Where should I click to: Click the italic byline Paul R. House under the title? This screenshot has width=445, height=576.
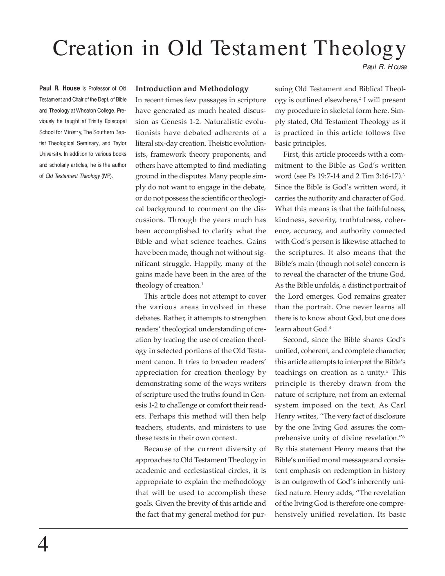tap(384, 67)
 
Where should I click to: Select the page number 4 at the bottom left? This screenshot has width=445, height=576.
tap(43, 545)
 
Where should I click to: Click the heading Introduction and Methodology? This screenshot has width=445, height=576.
tap(192, 89)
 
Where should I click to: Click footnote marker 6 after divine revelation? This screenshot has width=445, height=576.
tap(403, 436)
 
